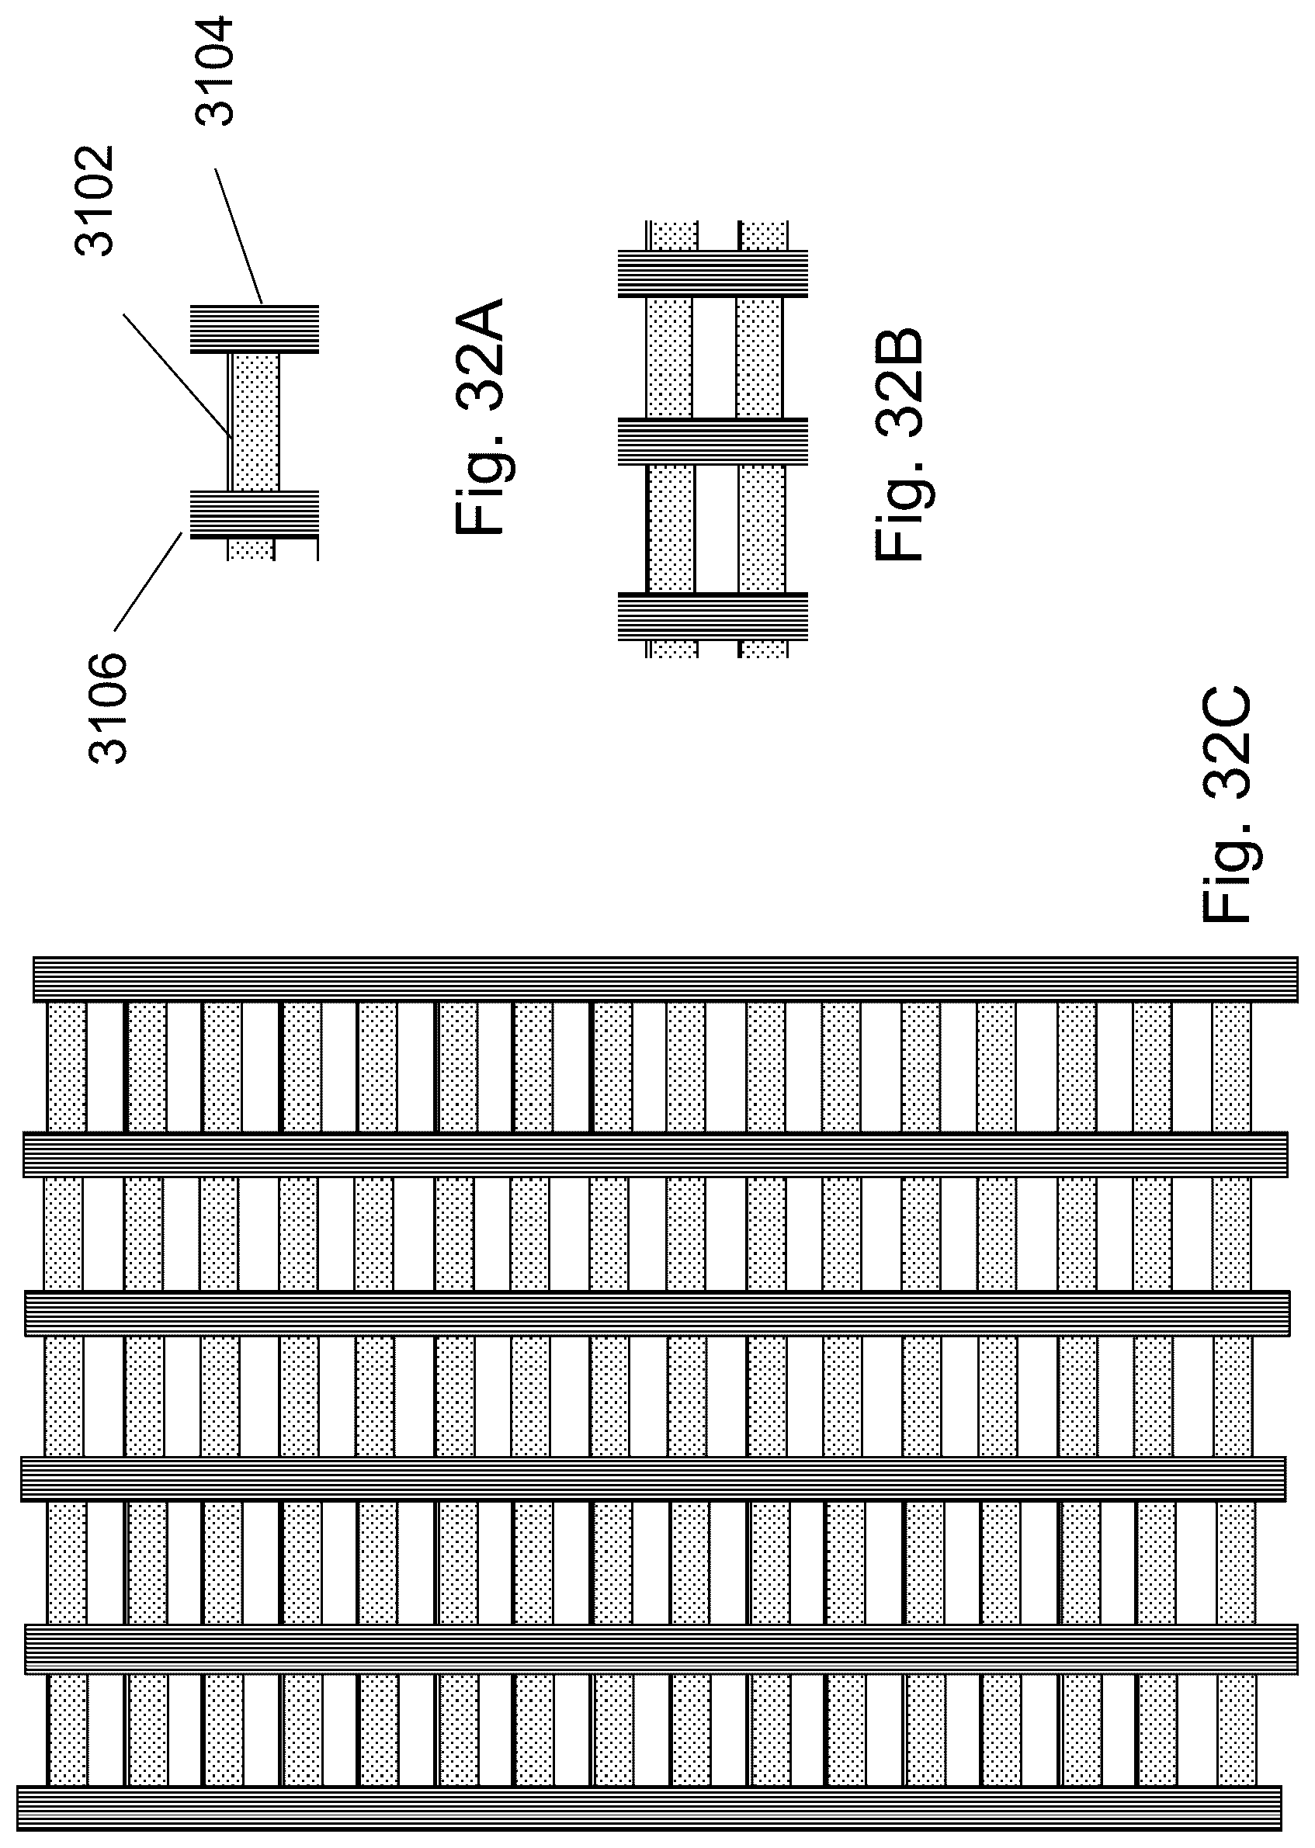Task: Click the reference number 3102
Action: pos(95,201)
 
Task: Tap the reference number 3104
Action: pos(215,71)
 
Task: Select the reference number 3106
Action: pos(109,709)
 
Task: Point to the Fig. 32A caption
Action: pos(481,417)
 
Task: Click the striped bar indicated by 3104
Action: pos(255,328)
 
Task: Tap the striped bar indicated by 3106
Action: pos(255,514)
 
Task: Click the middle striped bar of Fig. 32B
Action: pos(713,441)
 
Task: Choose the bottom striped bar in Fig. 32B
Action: pos(713,617)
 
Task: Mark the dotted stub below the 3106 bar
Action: pos(251,550)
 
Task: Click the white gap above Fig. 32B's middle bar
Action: pos(714,356)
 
